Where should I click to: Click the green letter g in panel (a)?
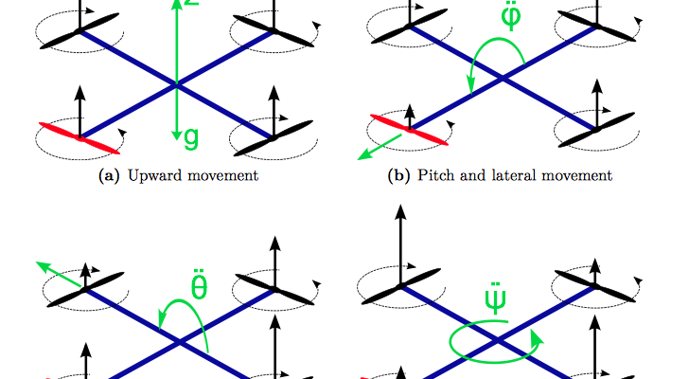[x=192, y=138]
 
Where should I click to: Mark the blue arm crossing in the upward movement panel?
[x=176, y=85]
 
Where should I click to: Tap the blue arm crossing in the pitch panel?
[x=505, y=81]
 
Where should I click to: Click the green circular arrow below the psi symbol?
[x=492, y=343]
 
